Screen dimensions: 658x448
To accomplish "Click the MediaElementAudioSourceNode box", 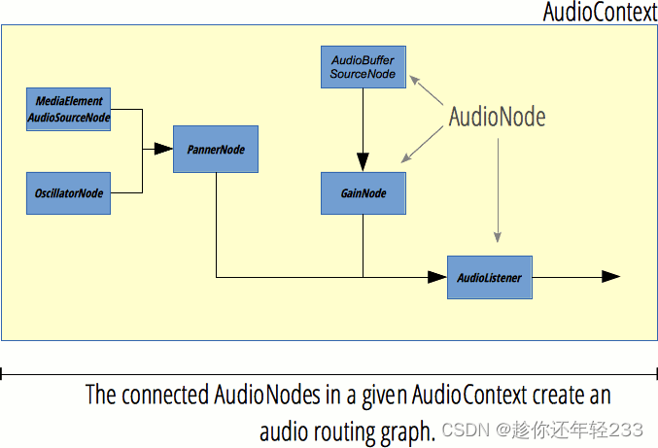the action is [x=68, y=109].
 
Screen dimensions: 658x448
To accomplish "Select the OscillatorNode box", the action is [x=68, y=193].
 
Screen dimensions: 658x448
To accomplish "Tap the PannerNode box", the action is [x=216, y=149].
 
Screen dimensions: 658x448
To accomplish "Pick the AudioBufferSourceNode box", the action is [x=364, y=67].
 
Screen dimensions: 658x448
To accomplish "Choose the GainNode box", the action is [x=364, y=193].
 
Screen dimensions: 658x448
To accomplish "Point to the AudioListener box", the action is [x=490, y=277].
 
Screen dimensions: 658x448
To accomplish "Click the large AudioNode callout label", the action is [x=498, y=117].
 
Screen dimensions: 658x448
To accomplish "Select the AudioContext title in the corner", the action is [x=600, y=12].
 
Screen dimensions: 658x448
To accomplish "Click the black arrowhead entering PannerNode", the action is [x=163, y=149].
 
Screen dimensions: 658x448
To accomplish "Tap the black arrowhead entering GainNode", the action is [x=363, y=162].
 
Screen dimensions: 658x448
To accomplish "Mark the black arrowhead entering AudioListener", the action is [x=437, y=277].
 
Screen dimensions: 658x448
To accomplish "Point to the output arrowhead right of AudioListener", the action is [x=611, y=276].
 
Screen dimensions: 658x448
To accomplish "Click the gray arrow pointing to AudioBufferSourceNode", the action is [x=427, y=90].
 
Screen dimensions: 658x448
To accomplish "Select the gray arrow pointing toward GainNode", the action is [x=422, y=144].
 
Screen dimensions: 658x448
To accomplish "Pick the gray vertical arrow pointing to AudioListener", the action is [x=498, y=190].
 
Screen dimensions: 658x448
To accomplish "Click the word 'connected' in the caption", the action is [x=165, y=396].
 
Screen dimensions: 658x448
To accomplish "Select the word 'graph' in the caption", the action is [x=406, y=432].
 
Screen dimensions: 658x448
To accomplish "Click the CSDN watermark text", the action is [x=466, y=430].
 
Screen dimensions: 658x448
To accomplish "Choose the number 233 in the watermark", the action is [x=626, y=430].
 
